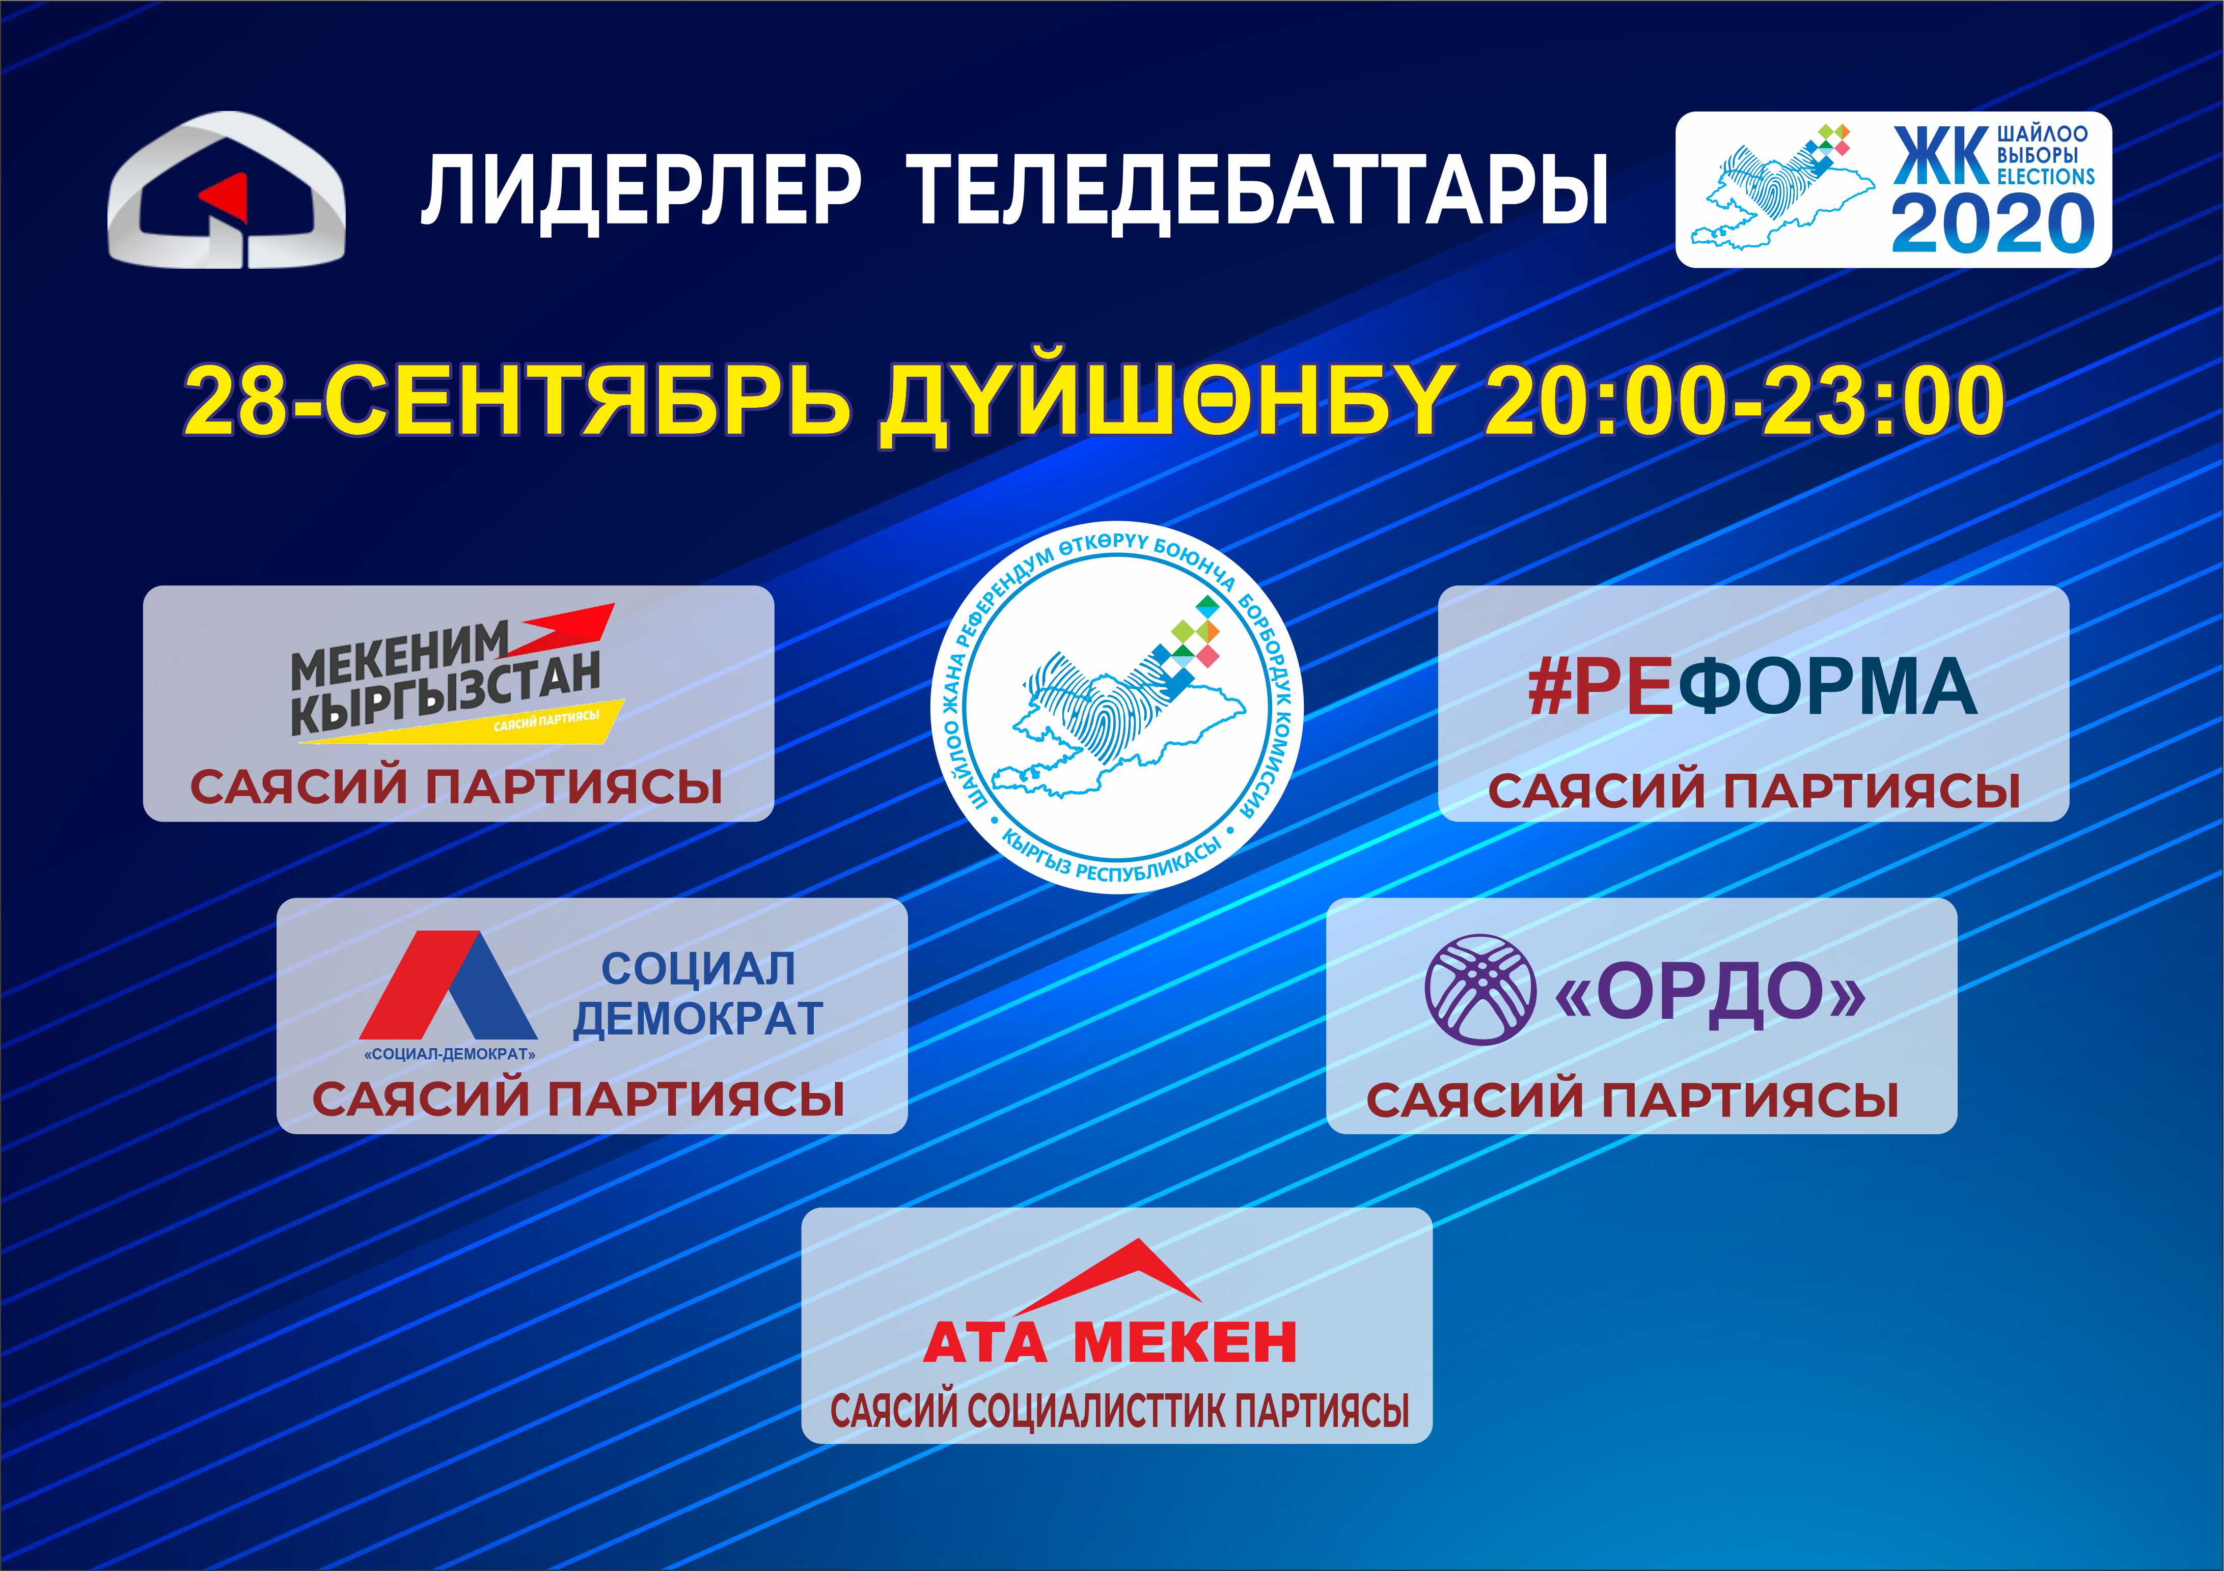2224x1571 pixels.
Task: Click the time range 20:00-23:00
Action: tap(1744, 401)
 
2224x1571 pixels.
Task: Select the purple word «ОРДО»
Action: tap(1710, 992)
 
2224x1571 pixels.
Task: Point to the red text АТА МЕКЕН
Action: tap(1110, 1342)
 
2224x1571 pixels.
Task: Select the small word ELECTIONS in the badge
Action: tap(2046, 176)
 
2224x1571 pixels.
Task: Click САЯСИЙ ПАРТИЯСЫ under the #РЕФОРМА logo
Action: tap(1754, 791)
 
